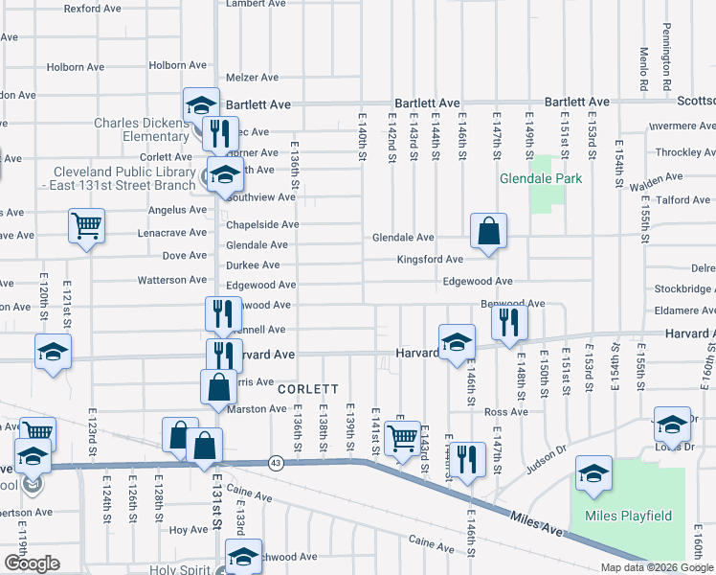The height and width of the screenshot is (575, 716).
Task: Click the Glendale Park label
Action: click(x=541, y=178)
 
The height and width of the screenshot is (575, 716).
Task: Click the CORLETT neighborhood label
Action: click(x=308, y=389)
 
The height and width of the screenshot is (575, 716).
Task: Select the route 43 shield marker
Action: click(x=275, y=462)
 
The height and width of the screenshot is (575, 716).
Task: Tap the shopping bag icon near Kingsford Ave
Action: click(x=488, y=231)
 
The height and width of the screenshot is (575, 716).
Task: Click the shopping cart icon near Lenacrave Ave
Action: click(x=86, y=227)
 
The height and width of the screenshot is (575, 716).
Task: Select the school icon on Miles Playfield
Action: click(x=593, y=473)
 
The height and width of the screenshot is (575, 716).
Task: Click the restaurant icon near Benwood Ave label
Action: click(x=509, y=323)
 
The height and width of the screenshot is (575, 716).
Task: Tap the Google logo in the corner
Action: click(x=32, y=563)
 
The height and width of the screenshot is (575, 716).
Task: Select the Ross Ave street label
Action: click(x=506, y=412)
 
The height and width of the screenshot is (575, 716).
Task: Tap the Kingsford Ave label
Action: click(x=431, y=260)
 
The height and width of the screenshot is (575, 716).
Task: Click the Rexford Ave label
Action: click(x=92, y=8)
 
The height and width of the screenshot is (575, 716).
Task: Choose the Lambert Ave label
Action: click(x=257, y=4)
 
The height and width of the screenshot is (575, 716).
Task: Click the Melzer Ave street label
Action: click(x=252, y=78)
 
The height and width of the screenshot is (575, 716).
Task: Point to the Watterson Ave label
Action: click(x=172, y=281)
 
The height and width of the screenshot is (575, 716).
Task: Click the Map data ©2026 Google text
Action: click(x=658, y=567)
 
